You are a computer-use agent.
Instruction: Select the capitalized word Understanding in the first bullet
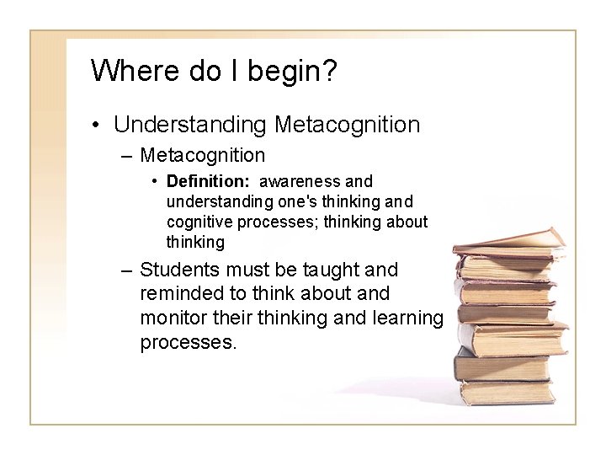(x=189, y=125)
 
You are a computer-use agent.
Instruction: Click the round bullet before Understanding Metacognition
(x=99, y=126)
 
